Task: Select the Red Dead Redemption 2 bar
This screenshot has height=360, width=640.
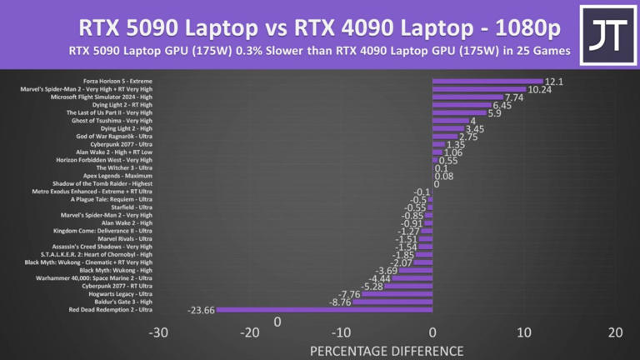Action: click(x=324, y=310)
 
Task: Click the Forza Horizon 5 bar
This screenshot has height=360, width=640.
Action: click(x=487, y=82)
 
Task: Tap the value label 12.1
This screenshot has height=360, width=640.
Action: click(x=555, y=82)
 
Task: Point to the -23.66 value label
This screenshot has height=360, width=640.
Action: click(x=202, y=310)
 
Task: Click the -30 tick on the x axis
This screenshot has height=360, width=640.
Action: click(x=158, y=332)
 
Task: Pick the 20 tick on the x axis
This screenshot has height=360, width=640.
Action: click(x=615, y=332)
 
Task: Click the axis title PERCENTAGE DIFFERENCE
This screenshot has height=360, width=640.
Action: click(x=387, y=351)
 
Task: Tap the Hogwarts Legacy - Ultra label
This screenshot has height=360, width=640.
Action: click(x=121, y=293)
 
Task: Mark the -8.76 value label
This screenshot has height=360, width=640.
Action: click(x=339, y=302)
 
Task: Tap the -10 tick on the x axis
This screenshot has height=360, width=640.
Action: click(x=341, y=332)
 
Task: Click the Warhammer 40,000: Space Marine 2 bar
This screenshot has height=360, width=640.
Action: click(x=412, y=278)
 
